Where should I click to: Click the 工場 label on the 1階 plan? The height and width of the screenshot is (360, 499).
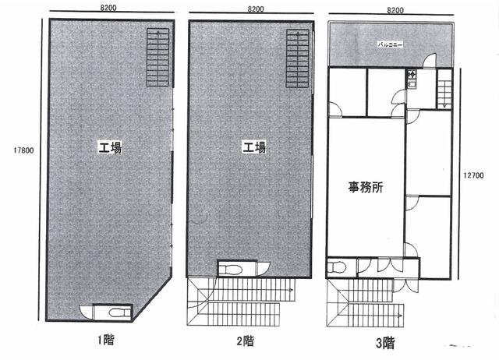pos(110,148)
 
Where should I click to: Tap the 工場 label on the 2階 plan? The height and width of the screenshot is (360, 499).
pos(254,147)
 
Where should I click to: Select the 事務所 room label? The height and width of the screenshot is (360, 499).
pos(366,187)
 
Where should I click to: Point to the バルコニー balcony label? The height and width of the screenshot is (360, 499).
pos(390,44)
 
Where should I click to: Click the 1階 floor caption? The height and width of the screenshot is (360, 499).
pos(106,340)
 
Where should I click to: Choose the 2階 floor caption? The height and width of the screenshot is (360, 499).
pos(246,341)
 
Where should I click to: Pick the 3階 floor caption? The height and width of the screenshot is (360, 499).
pos(385,343)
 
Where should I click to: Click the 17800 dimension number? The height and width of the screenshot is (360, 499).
pos(23,150)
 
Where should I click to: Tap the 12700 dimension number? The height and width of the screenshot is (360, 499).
pos(473,175)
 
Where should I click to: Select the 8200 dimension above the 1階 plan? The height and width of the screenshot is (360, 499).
pos(108,8)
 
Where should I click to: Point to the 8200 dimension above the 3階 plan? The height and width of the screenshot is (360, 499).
pos(395,10)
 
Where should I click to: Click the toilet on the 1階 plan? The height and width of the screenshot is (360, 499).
pos(119,312)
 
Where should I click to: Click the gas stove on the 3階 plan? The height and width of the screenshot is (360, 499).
pos(412,75)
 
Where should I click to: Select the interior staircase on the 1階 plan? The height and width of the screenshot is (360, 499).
pos(157,57)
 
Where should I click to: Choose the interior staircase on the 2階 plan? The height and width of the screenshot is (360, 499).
pos(298,58)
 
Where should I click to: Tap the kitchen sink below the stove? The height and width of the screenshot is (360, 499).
pos(412,85)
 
